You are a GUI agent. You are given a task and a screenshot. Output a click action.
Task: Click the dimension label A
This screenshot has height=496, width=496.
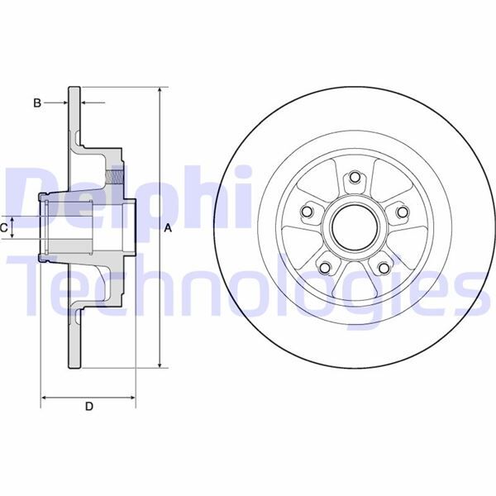[x=169, y=228]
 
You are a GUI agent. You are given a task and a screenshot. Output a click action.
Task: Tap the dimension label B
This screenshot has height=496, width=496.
[x=36, y=103]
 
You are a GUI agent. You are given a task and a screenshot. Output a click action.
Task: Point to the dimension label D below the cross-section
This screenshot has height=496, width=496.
[x=89, y=406]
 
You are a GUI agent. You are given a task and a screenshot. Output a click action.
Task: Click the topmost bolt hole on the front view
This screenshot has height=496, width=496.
[x=354, y=177]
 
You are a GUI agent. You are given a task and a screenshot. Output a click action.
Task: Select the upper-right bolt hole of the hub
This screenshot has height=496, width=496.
[x=403, y=212]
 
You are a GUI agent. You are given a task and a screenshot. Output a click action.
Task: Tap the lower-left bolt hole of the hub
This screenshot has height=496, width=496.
[x=324, y=267]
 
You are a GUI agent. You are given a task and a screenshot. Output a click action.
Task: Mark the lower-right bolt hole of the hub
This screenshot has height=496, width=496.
[x=384, y=267]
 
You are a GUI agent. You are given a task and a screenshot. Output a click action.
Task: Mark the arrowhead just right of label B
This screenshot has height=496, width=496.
[x=87, y=103]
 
